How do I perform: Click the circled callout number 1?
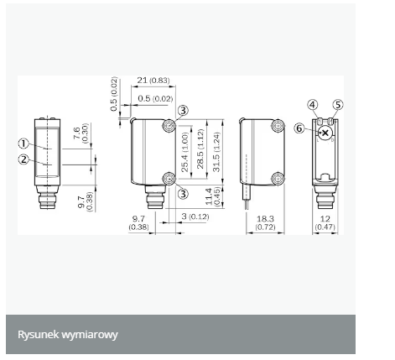[x=23, y=143]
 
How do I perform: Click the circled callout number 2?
[x=23, y=159]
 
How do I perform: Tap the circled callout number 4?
[x=313, y=105]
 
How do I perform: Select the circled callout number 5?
[x=338, y=105]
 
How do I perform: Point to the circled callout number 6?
[x=299, y=128]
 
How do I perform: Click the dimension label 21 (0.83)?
[x=153, y=81]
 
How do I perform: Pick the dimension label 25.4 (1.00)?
[x=185, y=152]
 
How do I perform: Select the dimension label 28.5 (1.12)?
[x=200, y=149]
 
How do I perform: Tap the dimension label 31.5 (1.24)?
[x=216, y=152]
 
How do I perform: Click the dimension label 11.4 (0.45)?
[x=212, y=197]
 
